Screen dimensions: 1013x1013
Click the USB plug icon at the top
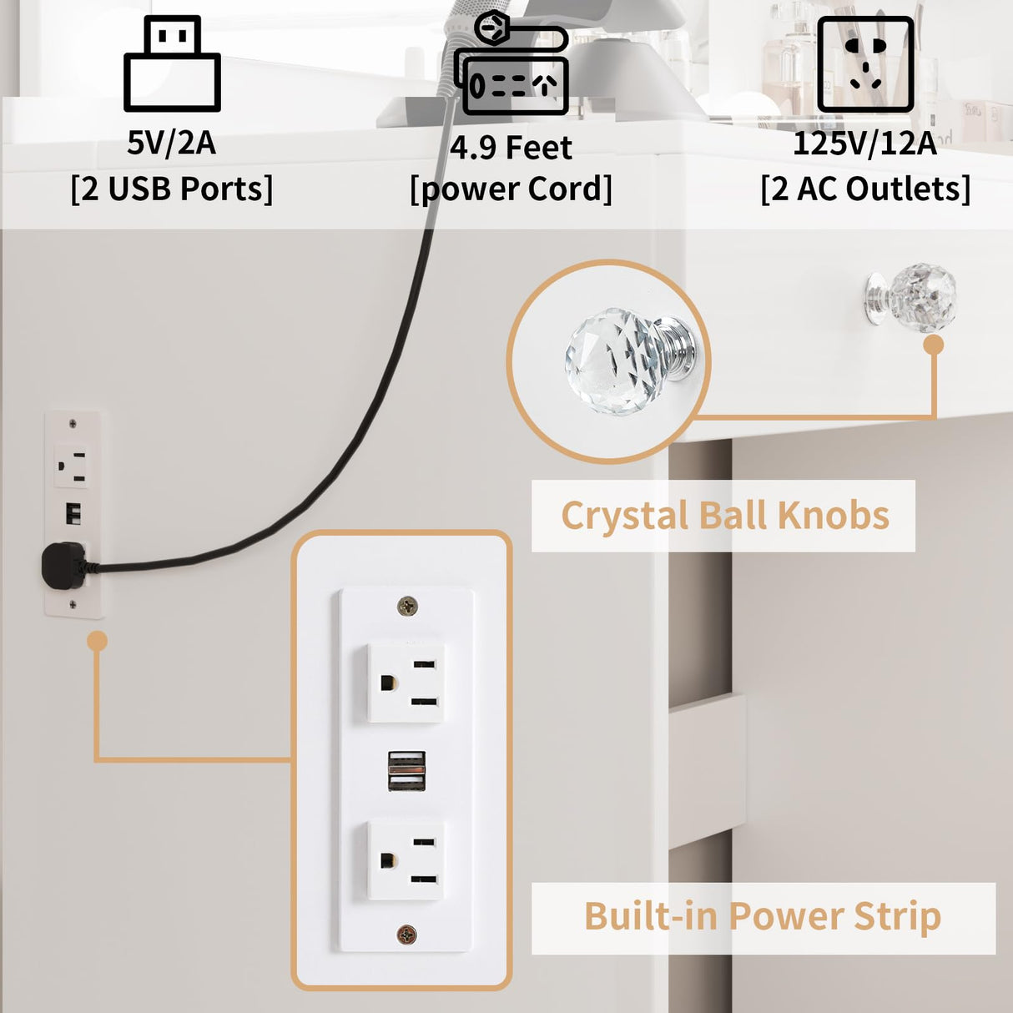pos(172,64)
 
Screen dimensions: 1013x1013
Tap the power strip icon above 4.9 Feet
pos(512,65)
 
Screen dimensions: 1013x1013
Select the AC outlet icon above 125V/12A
pos(865,64)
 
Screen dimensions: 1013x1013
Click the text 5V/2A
pos(171,144)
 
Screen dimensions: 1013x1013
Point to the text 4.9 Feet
pos(511,148)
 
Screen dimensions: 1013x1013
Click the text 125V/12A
pos(864,144)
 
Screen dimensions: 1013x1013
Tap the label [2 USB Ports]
pos(171,189)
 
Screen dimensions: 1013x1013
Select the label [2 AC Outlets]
pos(865,189)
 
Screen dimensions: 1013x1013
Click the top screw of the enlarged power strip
pos(407,607)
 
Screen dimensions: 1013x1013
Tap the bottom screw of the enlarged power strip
pos(406,935)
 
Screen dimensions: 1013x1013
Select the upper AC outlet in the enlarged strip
pos(406,683)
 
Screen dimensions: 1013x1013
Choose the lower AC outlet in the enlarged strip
pos(406,860)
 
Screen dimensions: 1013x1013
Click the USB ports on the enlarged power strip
pos(406,771)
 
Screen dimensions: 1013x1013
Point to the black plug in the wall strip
pos(63,566)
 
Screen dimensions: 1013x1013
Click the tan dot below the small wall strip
pos(98,641)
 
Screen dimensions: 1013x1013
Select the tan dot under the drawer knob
pos(934,345)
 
